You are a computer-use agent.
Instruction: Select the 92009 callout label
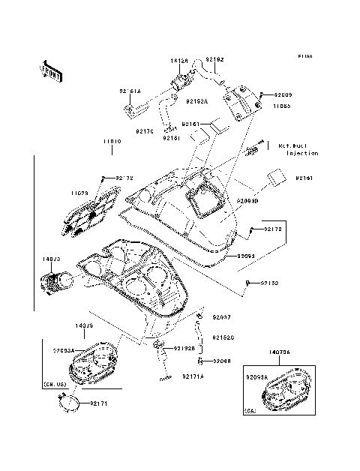pos(283,95)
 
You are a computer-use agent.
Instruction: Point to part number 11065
pos(281,106)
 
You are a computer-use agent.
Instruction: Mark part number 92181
pos(172,138)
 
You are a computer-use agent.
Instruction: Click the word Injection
pos(302,153)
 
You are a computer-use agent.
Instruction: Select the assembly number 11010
pos(112,140)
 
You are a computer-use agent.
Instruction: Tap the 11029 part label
pos(80,193)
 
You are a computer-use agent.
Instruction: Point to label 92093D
pos(247,202)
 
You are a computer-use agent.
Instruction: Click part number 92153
pos(269,283)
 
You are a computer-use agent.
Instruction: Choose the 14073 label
pos(52,261)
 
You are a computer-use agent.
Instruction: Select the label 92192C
pos(223,337)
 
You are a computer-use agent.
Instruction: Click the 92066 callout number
pos(221,361)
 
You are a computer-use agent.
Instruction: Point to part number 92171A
pos(193,375)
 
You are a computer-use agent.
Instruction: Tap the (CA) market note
pos(251,411)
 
